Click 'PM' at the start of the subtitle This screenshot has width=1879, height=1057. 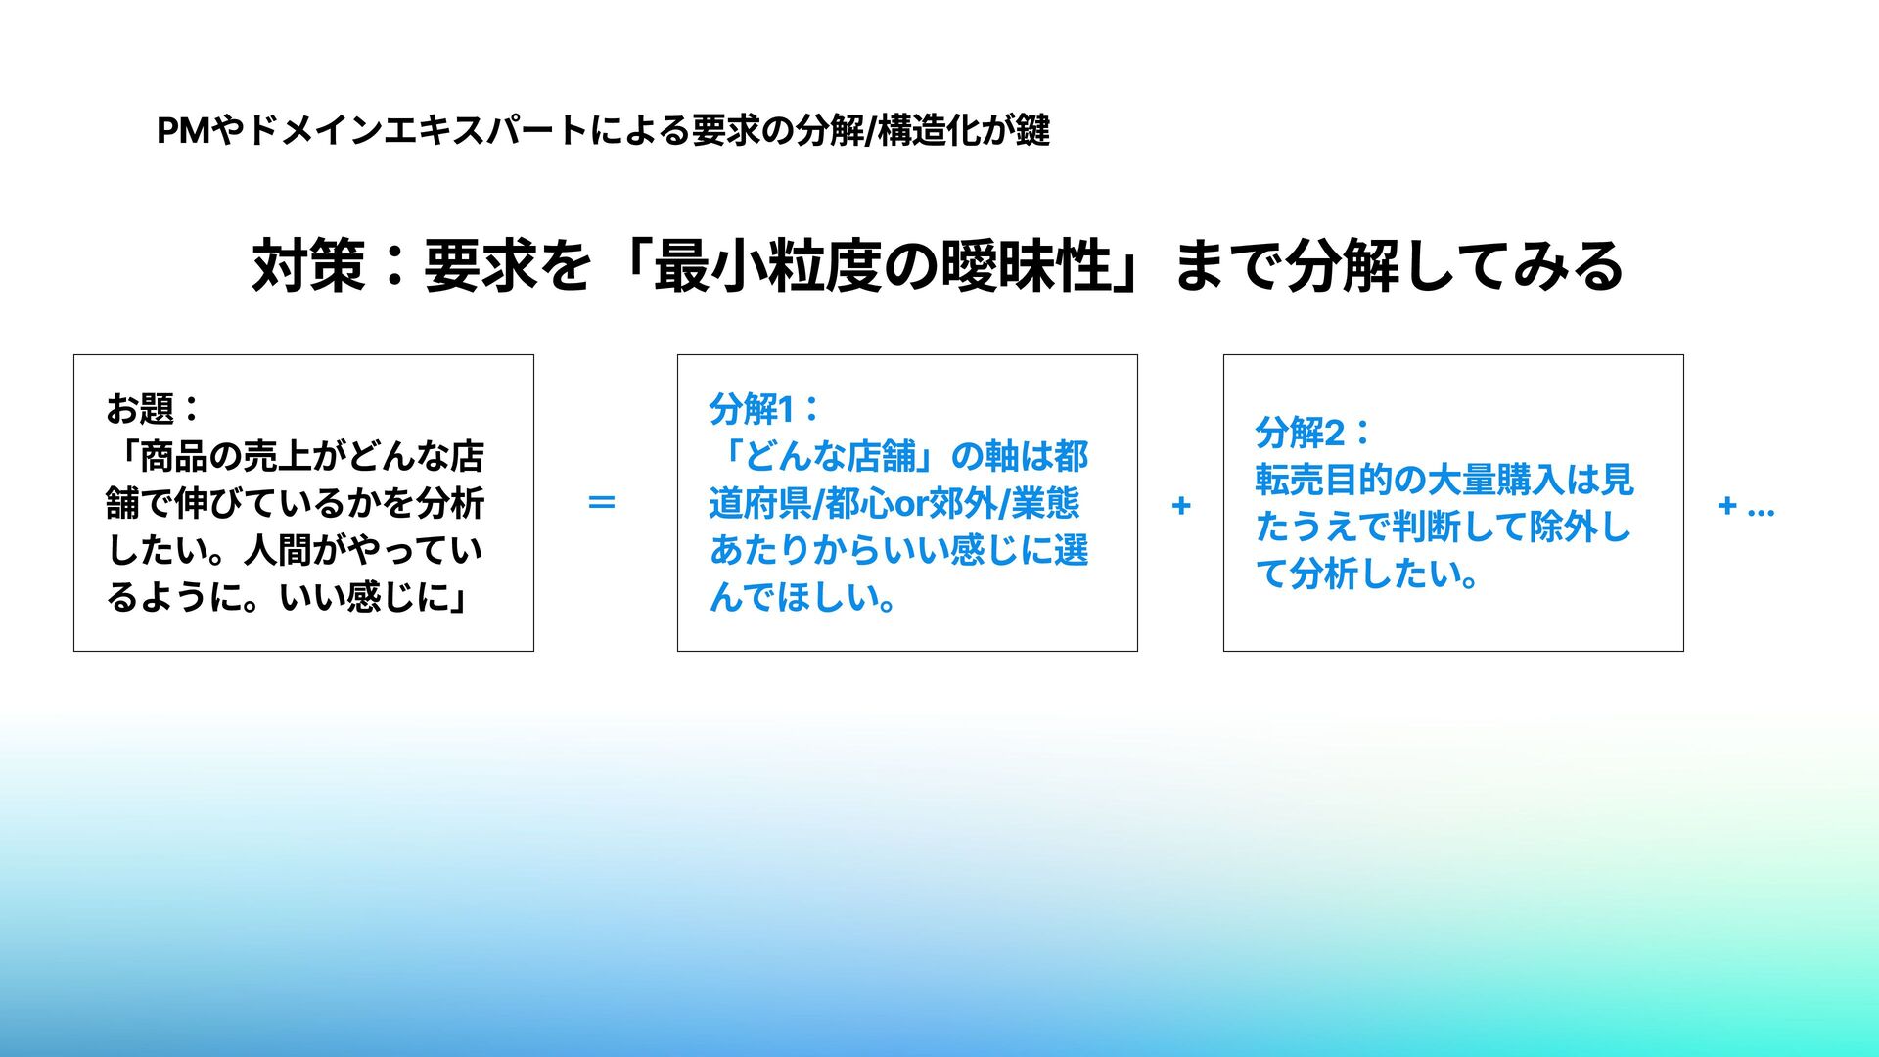tap(183, 130)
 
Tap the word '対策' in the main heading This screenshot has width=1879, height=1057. tap(308, 266)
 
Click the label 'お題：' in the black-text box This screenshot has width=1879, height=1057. tap(154, 409)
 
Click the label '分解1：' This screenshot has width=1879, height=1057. tap(764, 409)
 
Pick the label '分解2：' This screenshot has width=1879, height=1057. tap(1312, 433)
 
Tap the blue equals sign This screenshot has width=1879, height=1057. tap(601, 504)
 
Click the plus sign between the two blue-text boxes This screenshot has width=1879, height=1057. tap(1181, 506)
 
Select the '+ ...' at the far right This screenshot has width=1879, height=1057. tap(1746, 506)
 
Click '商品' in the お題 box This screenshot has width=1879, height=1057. tap(174, 457)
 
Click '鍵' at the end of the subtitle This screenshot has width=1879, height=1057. tap(1033, 130)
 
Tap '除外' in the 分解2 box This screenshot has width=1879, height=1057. tap(1563, 528)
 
